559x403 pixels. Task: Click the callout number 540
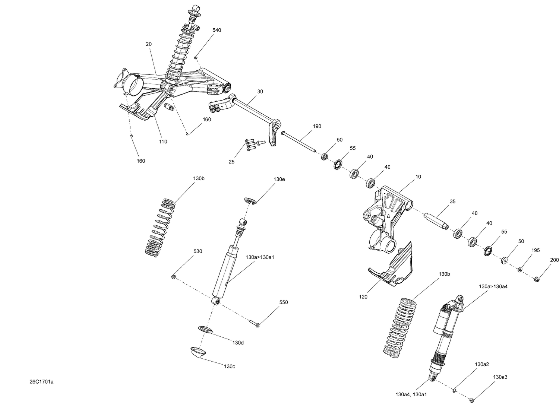[217, 30]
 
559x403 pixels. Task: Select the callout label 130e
[279, 179]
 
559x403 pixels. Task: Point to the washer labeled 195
[520, 269]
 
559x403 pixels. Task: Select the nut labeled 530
[174, 277]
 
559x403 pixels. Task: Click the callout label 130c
[229, 366]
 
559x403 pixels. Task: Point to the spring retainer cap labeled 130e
[249, 201]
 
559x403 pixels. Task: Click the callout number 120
[363, 297]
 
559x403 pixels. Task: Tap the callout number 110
[163, 142]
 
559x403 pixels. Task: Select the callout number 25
[231, 162]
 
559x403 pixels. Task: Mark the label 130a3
[500, 377]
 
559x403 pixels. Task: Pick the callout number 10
[418, 177]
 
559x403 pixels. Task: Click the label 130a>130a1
[260, 257]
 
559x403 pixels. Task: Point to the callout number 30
[260, 91]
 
